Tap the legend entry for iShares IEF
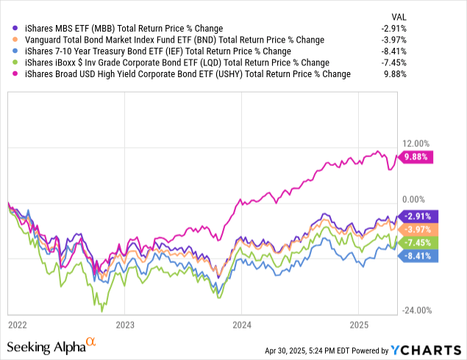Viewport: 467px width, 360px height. pos(151,51)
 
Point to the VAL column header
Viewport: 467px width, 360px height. pos(439,16)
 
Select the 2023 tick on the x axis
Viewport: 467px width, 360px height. pos(125,323)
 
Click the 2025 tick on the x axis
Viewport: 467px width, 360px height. pos(358,323)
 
